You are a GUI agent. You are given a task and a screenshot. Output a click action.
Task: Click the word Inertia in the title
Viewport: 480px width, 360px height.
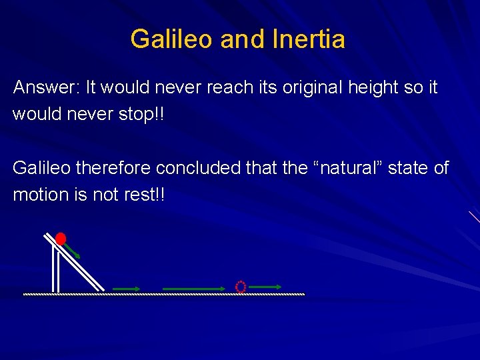(x=309, y=39)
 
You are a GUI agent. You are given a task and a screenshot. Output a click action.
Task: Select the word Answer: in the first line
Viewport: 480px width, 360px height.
(x=47, y=88)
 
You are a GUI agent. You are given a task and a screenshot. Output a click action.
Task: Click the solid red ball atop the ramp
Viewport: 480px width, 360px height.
(x=61, y=238)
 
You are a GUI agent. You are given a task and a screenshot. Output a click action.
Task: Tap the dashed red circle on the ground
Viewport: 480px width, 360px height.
(x=241, y=287)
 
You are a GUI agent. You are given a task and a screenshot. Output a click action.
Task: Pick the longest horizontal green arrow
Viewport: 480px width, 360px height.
(x=195, y=289)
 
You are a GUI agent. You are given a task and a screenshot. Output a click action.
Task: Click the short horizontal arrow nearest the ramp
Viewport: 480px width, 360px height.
(x=126, y=289)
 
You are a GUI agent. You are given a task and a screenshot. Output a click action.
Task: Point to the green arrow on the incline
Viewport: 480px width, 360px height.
(x=73, y=251)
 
